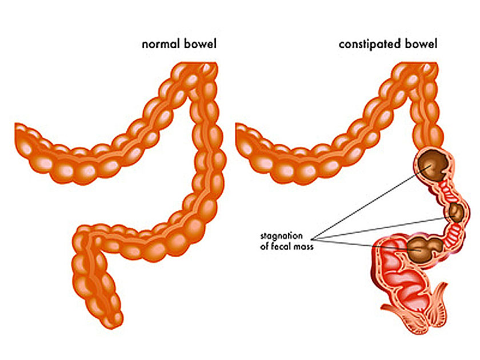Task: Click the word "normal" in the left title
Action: click(161, 44)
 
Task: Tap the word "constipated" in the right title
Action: click(369, 45)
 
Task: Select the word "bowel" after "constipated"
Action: click(421, 44)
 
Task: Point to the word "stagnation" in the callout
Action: click(281, 237)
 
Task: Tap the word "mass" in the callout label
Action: click(303, 247)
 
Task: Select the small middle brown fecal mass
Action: click(456, 213)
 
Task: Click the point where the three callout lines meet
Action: click(311, 239)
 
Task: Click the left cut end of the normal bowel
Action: click(16, 138)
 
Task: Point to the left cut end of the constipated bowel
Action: click(237, 138)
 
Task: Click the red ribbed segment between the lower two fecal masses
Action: click(453, 234)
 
